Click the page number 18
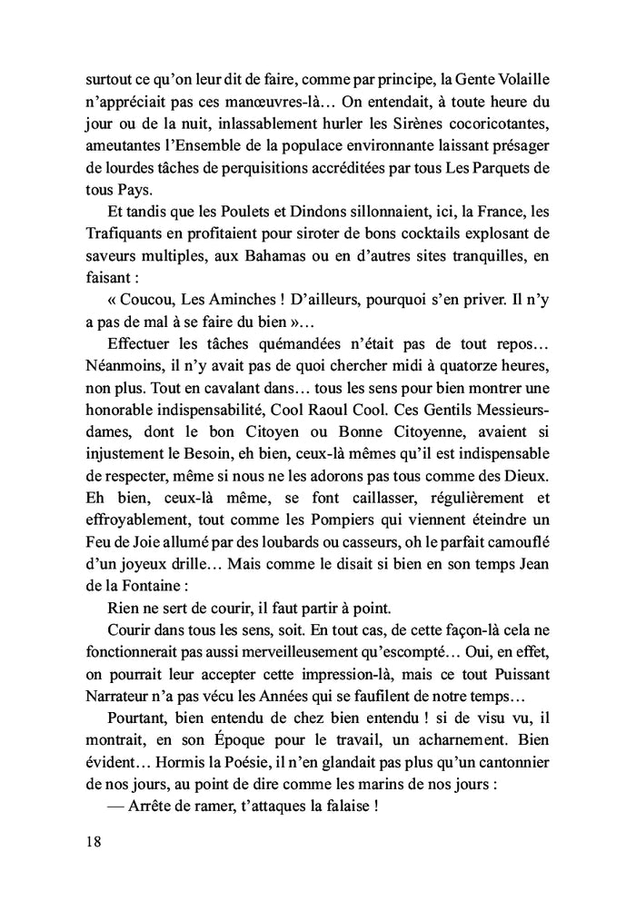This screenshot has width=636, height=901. [x=89, y=840]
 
